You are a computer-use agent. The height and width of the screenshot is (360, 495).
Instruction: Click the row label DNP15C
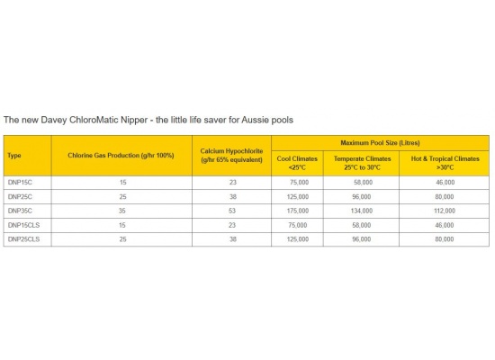pos(19,182)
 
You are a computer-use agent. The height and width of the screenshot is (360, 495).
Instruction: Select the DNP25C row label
pos(19,196)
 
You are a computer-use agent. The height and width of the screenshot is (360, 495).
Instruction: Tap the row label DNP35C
pos(19,211)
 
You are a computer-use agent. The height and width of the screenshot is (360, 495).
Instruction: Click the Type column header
pos(14,156)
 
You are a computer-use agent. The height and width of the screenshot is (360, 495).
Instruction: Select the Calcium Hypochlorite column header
pos(231,155)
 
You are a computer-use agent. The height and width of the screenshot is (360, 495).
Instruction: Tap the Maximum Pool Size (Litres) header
pos(380,142)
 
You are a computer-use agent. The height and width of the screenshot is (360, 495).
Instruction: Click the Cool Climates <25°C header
pos(297,162)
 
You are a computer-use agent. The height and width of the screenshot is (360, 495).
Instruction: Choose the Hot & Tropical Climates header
pos(445,162)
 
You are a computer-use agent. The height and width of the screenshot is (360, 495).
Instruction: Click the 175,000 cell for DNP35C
pos(297,211)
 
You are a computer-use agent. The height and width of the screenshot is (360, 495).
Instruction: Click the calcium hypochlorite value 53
pos(231,211)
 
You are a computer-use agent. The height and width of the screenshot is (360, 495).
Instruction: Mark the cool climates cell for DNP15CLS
pos(297,225)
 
